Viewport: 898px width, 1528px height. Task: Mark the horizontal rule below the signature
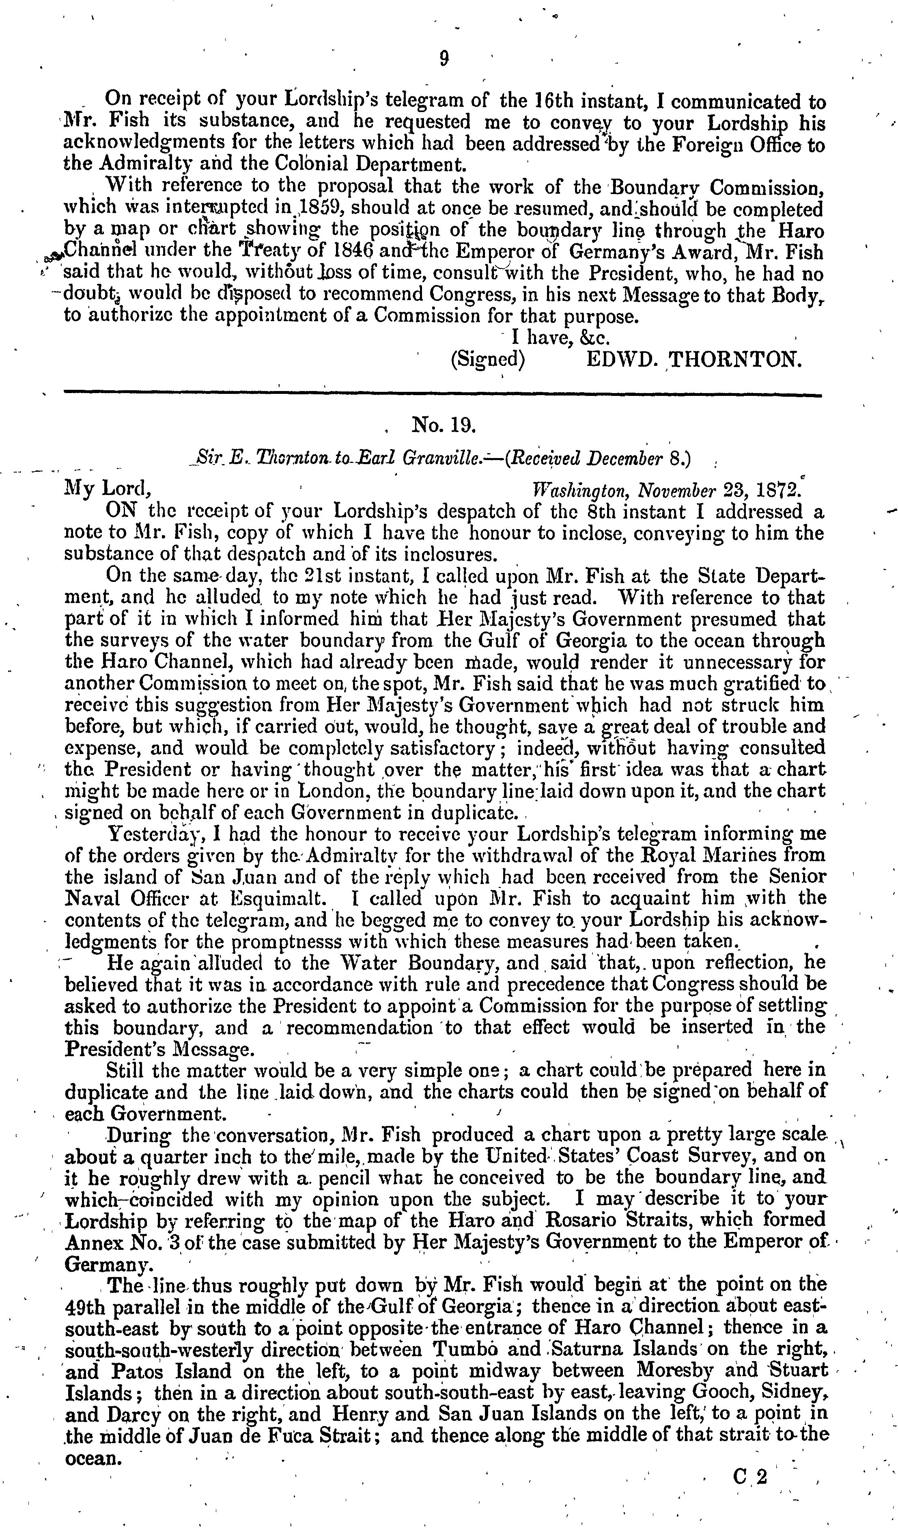(x=442, y=396)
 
